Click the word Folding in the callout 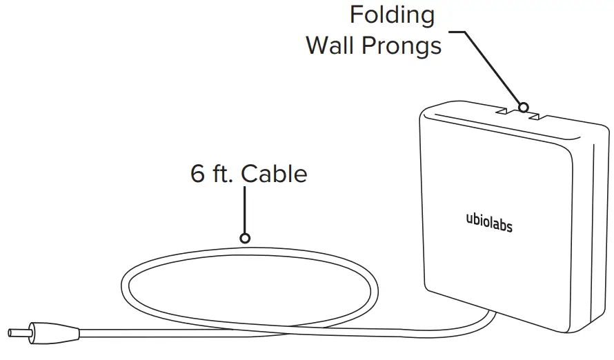393,15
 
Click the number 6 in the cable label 198,174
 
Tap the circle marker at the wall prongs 524,108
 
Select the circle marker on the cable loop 244,238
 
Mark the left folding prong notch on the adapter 502,109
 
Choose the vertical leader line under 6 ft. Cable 244,210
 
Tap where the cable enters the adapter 491,312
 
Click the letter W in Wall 318,46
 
